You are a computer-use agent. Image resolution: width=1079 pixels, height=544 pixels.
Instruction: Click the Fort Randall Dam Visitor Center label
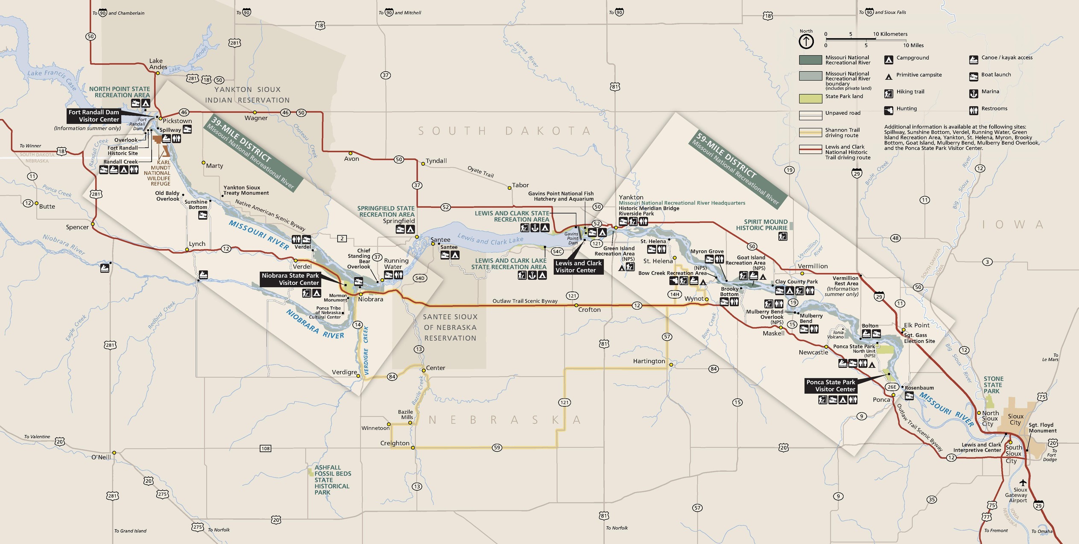[94, 116]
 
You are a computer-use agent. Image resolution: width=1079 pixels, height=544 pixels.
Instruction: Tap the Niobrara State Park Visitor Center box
[290, 279]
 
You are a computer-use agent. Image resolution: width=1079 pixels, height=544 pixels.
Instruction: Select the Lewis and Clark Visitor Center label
[578, 267]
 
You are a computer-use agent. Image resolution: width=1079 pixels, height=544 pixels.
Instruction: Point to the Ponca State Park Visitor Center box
[830, 386]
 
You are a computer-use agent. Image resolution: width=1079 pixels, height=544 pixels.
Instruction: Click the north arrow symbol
[806, 41]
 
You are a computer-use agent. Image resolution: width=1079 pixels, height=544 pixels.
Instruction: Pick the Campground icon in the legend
[889, 60]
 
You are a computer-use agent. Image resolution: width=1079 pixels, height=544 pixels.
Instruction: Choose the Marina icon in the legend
[974, 93]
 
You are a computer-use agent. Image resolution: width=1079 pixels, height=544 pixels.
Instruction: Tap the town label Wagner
[256, 118]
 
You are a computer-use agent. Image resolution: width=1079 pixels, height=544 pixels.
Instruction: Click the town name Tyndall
[436, 161]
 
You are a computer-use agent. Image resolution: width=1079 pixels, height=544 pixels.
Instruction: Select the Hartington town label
[649, 361]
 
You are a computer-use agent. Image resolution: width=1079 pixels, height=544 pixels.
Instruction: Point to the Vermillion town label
[813, 266]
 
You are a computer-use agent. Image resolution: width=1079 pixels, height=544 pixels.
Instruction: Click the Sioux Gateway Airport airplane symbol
[1023, 483]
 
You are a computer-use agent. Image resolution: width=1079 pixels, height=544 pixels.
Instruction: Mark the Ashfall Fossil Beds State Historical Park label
[332, 480]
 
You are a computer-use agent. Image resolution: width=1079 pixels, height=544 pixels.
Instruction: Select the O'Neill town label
[101, 457]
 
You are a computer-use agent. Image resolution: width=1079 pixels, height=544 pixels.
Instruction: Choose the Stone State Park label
[993, 385]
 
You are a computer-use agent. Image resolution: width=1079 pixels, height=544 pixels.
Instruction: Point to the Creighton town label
[395, 443]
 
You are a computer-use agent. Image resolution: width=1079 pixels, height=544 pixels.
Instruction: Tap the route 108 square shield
[266, 448]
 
